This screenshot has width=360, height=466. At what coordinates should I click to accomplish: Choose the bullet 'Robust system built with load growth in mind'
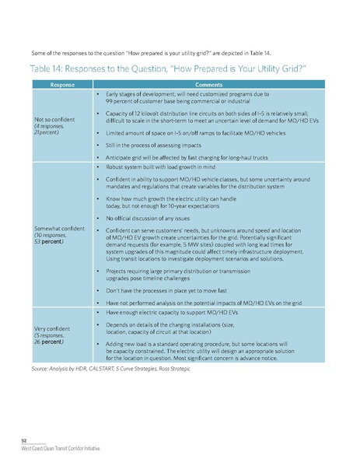coord(162,167)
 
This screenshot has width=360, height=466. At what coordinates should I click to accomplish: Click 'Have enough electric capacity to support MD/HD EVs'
coord(170,312)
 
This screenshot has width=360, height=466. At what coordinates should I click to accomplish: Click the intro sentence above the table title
coord(138,52)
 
